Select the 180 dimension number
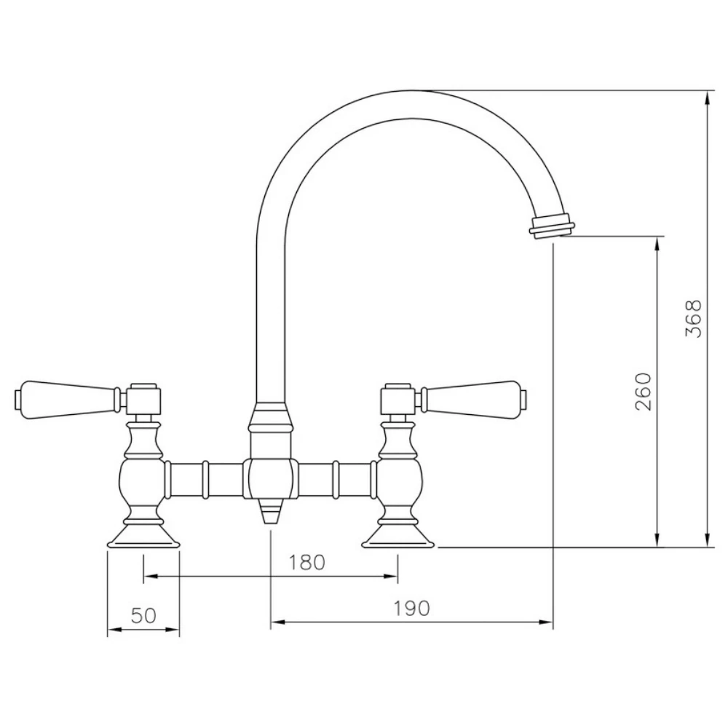coord(306,562)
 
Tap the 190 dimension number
coord(413,607)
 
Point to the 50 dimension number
coord(144,615)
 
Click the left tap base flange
coord(143,538)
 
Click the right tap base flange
coord(398,538)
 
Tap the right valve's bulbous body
coord(398,480)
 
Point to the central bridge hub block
coord(271,480)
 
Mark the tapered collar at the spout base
coord(271,421)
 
